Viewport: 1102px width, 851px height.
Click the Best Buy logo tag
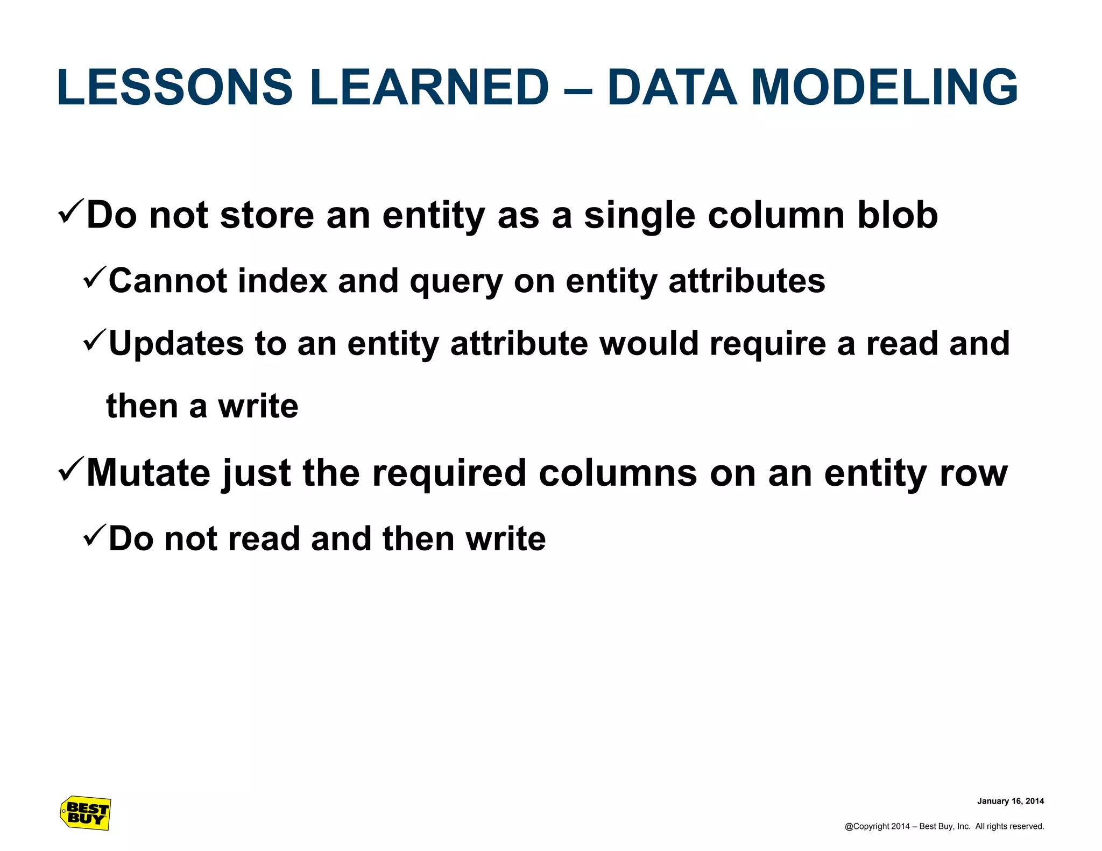click(86, 813)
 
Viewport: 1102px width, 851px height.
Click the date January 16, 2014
click(1010, 801)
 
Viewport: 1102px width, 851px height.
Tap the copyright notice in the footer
click(944, 826)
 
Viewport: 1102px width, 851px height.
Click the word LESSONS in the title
click(174, 87)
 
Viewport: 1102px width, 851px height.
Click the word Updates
click(175, 344)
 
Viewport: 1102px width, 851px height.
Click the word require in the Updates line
click(768, 344)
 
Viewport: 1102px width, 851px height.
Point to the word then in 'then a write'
click(142, 406)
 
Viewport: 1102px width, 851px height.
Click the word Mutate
click(148, 473)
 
